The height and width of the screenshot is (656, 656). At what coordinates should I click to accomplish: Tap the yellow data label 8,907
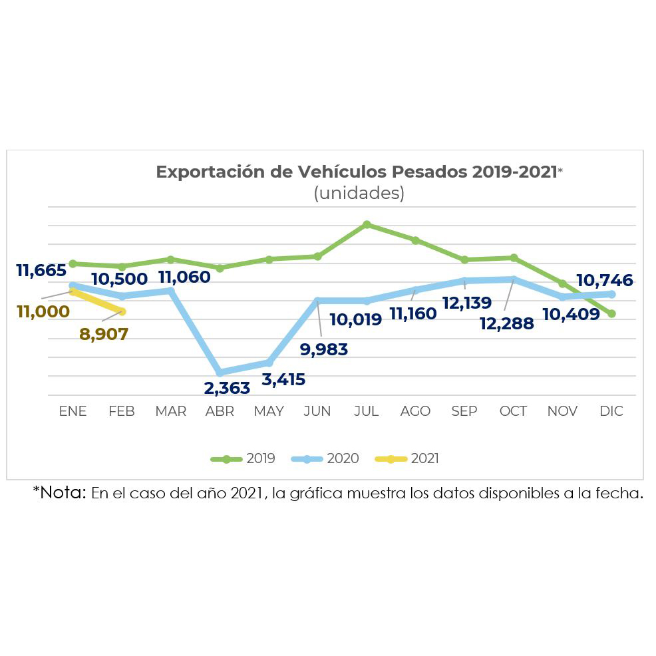tap(104, 334)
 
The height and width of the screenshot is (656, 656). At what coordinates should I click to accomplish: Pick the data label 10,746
tap(605, 280)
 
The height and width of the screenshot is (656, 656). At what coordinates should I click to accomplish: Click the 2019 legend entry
tap(243, 458)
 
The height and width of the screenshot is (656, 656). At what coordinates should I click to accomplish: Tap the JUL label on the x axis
tap(366, 411)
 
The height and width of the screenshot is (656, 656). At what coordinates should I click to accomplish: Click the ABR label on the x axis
tap(220, 411)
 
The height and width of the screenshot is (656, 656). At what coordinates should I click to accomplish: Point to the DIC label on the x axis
tap(611, 411)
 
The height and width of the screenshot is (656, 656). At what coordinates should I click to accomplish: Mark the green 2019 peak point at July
tap(367, 225)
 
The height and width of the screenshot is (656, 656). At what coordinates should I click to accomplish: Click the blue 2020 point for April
tap(220, 373)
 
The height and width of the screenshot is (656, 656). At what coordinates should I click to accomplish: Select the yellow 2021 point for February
tap(122, 311)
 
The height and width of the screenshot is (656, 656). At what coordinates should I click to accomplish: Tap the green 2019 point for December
tap(611, 313)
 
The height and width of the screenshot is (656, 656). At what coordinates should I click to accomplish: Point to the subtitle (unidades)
tap(359, 193)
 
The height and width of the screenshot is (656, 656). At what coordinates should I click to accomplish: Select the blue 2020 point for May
tap(269, 363)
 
